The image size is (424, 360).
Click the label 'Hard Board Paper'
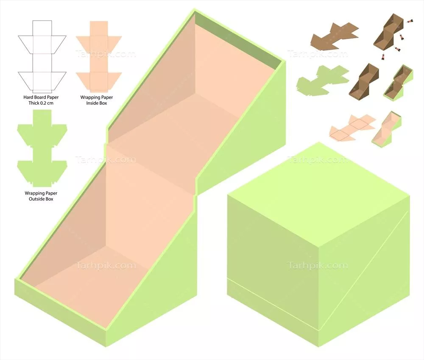41,97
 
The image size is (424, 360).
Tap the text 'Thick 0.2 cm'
41,103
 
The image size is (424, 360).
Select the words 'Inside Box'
97,103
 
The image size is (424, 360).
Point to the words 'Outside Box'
41,199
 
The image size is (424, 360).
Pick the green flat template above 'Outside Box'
42,148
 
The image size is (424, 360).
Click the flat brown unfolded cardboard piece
335,37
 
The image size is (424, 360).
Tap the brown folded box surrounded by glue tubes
388,33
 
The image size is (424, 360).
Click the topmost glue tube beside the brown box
410,21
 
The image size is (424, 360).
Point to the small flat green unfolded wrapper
322,81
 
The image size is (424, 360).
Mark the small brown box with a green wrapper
398,83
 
